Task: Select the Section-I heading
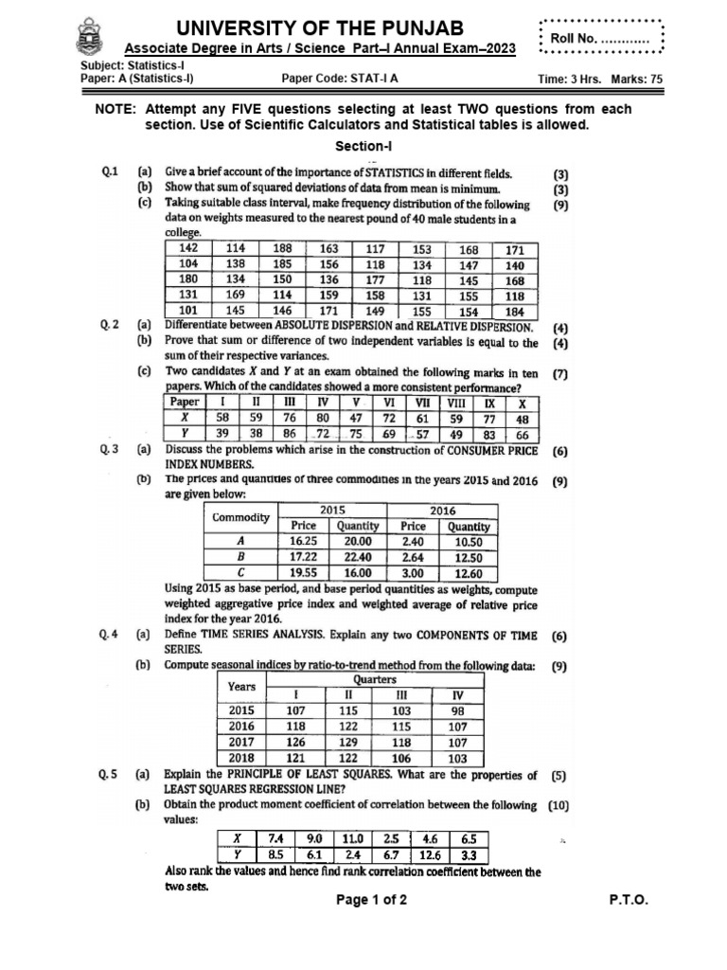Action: pyautogui.click(x=363, y=146)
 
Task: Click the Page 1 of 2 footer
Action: pyautogui.click(x=372, y=901)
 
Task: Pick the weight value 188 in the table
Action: pyautogui.click(x=283, y=249)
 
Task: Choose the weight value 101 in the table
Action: pyautogui.click(x=188, y=310)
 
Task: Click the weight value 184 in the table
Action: pyautogui.click(x=514, y=310)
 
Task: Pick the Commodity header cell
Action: pyautogui.click(x=241, y=518)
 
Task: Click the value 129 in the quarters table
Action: pyautogui.click(x=348, y=743)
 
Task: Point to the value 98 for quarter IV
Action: pyautogui.click(x=458, y=710)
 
